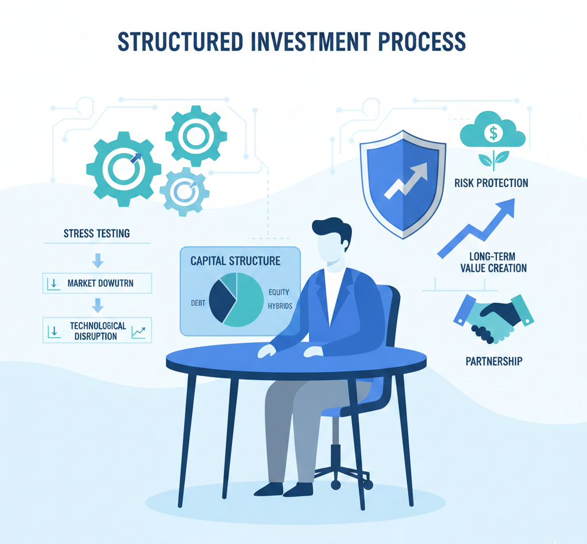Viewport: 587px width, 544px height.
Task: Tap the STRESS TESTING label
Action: click(x=96, y=233)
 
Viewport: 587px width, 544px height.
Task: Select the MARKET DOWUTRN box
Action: click(x=97, y=283)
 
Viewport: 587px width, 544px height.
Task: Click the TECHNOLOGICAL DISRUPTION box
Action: click(x=97, y=331)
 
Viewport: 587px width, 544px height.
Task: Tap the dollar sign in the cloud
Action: click(x=492, y=133)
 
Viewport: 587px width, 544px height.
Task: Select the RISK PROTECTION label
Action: click(x=491, y=183)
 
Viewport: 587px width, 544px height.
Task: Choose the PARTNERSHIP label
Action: click(x=494, y=361)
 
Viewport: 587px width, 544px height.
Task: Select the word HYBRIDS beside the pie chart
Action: click(x=280, y=306)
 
